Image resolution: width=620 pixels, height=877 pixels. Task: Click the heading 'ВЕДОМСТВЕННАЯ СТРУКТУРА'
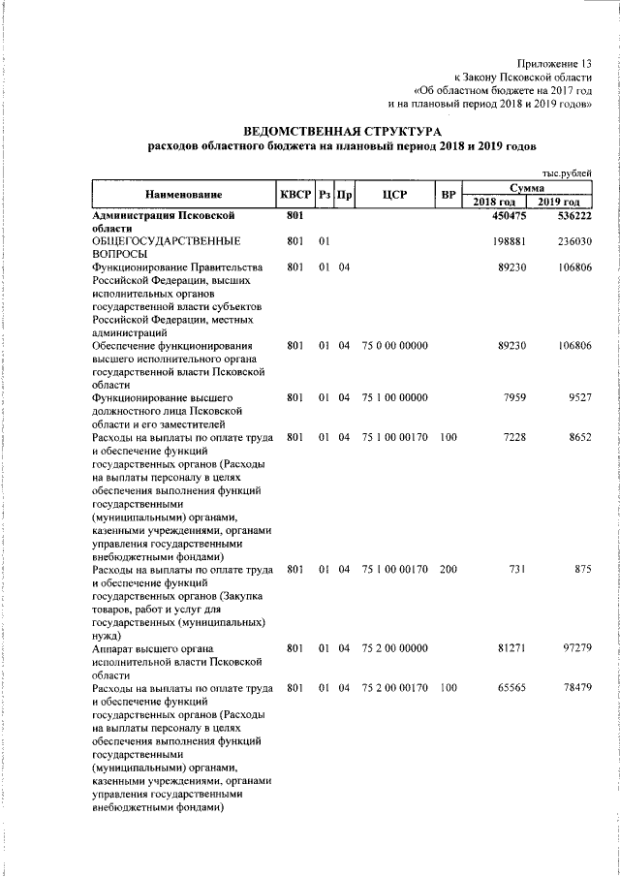coord(341,130)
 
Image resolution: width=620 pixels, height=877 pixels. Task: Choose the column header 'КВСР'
coord(294,195)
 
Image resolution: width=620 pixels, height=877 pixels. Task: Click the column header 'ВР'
coord(448,195)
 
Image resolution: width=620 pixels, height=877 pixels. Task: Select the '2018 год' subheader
coord(496,201)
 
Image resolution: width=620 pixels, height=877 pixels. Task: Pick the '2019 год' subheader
coord(561,201)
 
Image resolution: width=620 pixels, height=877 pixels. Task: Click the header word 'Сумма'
coord(528,187)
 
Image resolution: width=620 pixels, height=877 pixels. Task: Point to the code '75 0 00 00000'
coord(394,346)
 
